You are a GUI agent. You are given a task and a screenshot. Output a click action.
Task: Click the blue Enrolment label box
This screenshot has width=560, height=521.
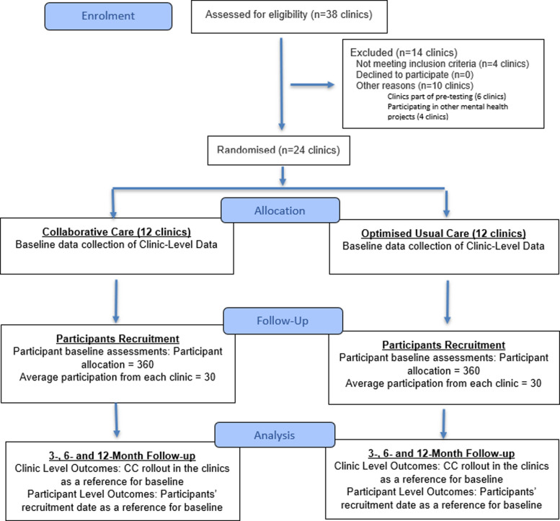pyautogui.click(x=108, y=16)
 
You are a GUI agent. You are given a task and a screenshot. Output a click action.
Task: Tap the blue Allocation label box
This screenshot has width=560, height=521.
pyautogui.click(x=280, y=210)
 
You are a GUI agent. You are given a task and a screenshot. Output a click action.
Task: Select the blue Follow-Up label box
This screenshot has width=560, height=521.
pyautogui.click(x=283, y=321)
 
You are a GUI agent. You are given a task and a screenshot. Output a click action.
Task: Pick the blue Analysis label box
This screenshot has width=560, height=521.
pyautogui.click(x=275, y=435)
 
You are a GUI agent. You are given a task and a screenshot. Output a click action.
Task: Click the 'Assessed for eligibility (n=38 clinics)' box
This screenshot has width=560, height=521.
pyautogui.click(x=289, y=17)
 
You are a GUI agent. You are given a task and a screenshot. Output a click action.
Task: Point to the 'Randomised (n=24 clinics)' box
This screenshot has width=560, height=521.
pyautogui.click(x=279, y=150)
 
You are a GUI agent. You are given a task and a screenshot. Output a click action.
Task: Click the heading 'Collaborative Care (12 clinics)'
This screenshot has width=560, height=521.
pyautogui.click(x=117, y=232)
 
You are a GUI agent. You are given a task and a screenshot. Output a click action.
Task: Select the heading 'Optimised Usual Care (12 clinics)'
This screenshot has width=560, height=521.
pyautogui.click(x=443, y=233)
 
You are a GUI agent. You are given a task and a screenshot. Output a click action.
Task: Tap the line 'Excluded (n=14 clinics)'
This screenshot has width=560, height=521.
pyautogui.click(x=404, y=53)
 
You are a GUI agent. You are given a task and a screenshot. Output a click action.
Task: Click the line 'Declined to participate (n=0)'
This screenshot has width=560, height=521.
pyautogui.click(x=414, y=75)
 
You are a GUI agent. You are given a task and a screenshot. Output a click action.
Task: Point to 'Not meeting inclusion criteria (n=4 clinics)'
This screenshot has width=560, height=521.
pyautogui.click(x=443, y=63)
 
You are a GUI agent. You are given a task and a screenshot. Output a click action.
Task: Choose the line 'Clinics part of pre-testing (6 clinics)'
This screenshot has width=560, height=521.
pyautogui.click(x=447, y=97)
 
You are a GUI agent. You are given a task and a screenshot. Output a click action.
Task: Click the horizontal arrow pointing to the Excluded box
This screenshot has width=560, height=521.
pyautogui.click(x=312, y=84)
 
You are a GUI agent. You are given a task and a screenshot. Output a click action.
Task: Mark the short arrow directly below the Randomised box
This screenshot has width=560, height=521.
pyautogui.click(x=283, y=176)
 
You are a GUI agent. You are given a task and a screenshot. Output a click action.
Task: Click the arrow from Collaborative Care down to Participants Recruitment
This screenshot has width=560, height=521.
pyautogui.click(x=116, y=301)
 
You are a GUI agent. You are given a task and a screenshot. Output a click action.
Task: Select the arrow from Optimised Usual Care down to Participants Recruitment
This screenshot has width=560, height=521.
pyautogui.click(x=447, y=302)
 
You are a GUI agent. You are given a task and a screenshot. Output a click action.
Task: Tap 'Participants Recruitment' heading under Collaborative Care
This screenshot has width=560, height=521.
pyautogui.click(x=118, y=339)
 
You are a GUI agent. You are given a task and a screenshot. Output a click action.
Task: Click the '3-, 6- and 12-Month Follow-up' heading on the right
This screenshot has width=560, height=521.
pyautogui.click(x=441, y=453)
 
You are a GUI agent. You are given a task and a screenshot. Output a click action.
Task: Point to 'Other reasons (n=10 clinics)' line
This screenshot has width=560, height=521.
pyautogui.click(x=414, y=86)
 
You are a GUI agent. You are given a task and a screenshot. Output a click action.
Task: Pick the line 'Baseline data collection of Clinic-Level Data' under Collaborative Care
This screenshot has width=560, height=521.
pyautogui.click(x=117, y=244)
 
